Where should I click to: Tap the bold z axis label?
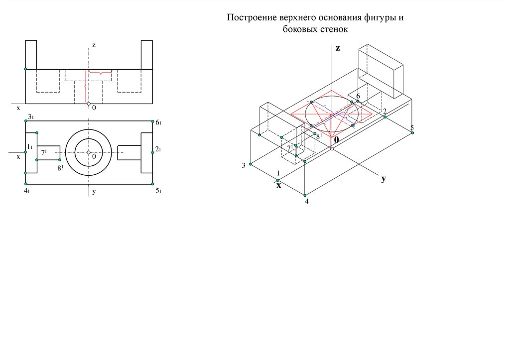pyautogui.click(x=338, y=48)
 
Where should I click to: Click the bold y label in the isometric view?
pyautogui.click(x=384, y=179)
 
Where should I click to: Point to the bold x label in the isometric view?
pyautogui.click(x=278, y=186)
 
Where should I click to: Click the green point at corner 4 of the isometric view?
pyautogui.click(x=305, y=196)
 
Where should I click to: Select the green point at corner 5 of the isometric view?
pyautogui.click(x=412, y=132)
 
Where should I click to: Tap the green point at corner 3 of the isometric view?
pyautogui.click(x=251, y=164)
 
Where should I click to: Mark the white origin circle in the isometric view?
pyautogui.click(x=332, y=148)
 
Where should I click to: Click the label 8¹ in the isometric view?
pyautogui.click(x=319, y=136)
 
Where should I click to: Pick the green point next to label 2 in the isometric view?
pyautogui.click(x=385, y=117)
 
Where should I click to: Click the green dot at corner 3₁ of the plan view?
pyautogui.click(x=26, y=121)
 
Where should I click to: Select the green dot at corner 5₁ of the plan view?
pyautogui.click(x=153, y=184)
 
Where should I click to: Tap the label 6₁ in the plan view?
pyautogui.click(x=158, y=122)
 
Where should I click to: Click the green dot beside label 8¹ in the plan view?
pyautogui.click(x=60, y=160)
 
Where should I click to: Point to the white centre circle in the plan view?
pyautogui.click(x=89, y=152)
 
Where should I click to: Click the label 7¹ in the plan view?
pyautogui.click(x=44, y=152)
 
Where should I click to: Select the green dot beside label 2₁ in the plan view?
pyautogui.click(x=152, y=152)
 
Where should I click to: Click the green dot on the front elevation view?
pyautogui.click(x=26, y=69)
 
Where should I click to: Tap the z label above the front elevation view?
pyautogui.click(x=94, y=45)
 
